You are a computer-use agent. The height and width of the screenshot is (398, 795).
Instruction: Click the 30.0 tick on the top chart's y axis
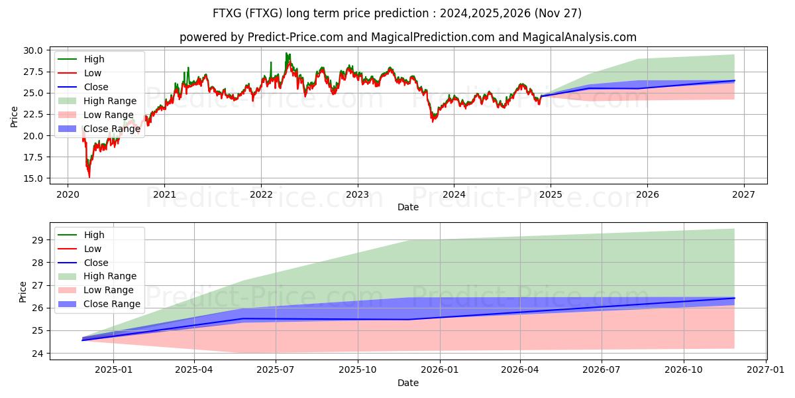[x=32, y=50]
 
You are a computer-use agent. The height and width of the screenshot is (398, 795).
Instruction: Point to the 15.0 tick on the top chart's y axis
[x=32, y=178]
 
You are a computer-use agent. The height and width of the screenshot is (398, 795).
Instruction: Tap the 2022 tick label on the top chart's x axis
[x=261, y=194]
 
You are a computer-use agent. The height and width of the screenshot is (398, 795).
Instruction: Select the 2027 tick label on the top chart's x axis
[x=743, y=194]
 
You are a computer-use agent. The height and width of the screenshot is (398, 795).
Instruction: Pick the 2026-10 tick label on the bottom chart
[x=684, y=370]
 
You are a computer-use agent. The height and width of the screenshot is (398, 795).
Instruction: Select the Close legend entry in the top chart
[x=96, y=87]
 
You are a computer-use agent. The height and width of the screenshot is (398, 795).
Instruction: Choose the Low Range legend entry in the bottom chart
[x=109, y=290]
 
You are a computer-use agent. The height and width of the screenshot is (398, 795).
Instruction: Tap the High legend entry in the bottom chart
[x=94, y=235]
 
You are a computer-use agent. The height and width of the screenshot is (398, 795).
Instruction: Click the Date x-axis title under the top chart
[x=408, y=207]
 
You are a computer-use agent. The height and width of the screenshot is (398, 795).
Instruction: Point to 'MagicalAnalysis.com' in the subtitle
[x=579, y=37]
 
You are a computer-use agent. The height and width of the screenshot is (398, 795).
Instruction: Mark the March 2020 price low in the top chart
[x=89, y=177]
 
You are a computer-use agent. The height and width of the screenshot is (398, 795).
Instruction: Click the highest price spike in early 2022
[x=287, y=53]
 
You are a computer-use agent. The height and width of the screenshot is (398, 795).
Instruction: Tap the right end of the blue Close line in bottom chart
[x=734, y=298]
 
